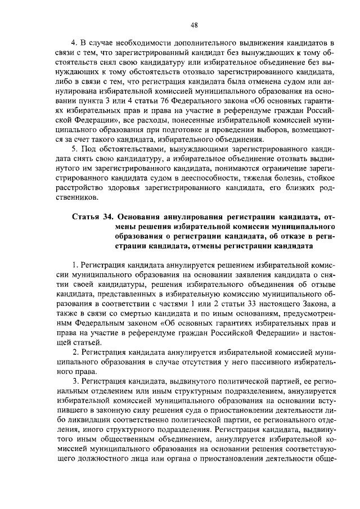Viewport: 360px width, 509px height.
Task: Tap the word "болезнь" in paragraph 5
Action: tap(287, 178)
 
